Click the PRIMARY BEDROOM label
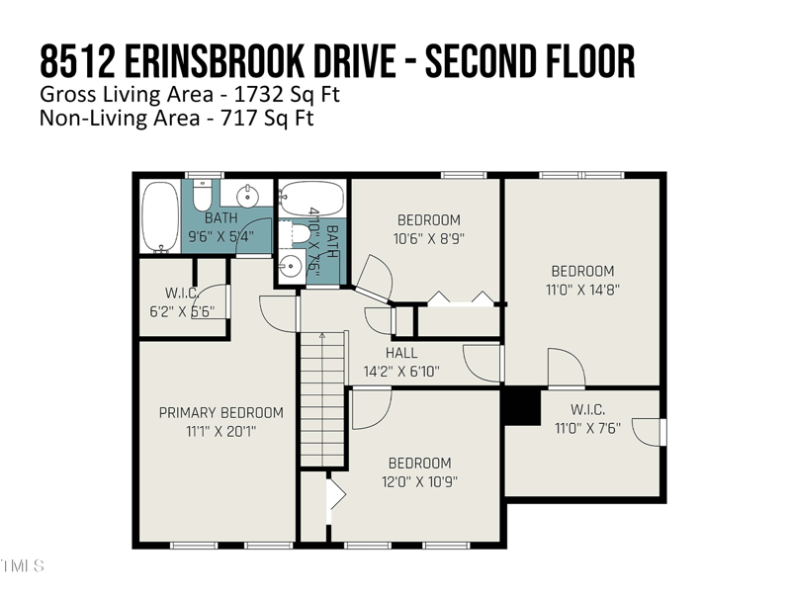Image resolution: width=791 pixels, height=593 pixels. [x=220, y=413]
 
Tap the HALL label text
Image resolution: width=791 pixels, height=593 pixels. [x=401, y=353]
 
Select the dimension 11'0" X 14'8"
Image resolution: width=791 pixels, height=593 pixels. [x=582, y=290]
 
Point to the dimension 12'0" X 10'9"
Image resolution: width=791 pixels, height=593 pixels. [x=419, y=482]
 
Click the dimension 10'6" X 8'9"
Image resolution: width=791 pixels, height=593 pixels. [x=429, y=238]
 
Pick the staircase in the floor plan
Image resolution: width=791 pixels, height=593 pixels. [x=323, y=399]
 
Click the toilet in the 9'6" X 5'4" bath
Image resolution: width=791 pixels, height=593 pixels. [x=203, y=196]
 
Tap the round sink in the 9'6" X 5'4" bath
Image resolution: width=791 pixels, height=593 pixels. [x=248, y=195]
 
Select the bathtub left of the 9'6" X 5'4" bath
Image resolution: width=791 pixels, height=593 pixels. [x=160, y=216]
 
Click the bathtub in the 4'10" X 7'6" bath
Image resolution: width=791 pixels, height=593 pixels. [x=312, y=200]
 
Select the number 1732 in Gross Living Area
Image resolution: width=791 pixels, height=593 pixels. [x=255, y=95]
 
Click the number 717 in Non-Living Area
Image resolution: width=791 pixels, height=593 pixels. [x=237, y=118]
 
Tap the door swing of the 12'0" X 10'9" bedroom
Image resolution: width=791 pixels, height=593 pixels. [x=372, y=408]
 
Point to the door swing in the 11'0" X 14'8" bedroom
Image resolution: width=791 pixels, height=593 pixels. [x=567, y=368]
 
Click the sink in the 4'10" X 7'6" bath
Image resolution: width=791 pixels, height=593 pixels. [x=291, y=266]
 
